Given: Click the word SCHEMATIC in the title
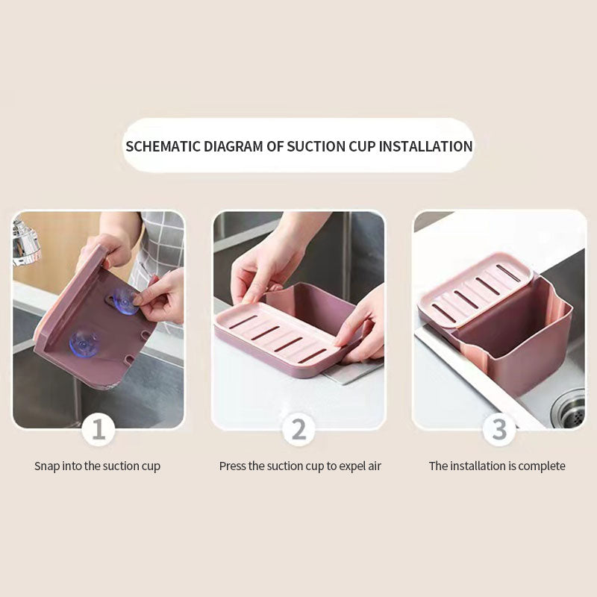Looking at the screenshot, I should tap(161, 146).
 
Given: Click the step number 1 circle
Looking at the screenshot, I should tap(99, 430).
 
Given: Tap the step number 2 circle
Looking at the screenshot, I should tap(298, 430).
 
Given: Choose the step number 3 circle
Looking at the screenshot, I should tap(498, 430).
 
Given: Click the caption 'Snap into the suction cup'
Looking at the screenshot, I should tap(98, 466).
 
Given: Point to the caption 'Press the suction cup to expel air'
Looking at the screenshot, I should tap(300, 466).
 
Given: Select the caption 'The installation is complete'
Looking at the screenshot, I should tap(497, 466).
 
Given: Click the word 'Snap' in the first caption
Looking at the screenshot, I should tap(47, 466).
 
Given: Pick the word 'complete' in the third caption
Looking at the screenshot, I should tap(542, 466).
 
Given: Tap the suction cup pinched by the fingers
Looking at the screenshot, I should tap(125, 301).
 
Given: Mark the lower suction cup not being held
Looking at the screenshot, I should tap(83, 343).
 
